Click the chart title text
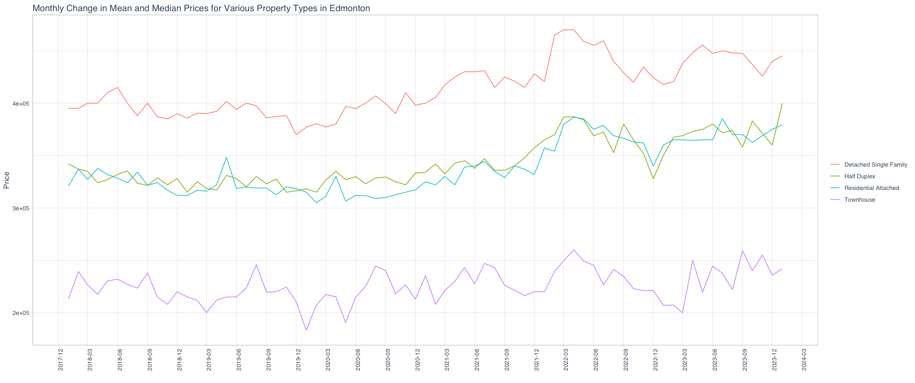click(201, 8)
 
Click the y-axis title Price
click(7, 180)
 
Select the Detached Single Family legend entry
click(875, 165)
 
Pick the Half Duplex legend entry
click(860, 176)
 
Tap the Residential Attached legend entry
click(871, 188)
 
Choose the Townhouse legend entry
click(860, 200)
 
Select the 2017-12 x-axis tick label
click(60, 360)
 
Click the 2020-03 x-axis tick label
click(328, 360)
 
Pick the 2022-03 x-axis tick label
click(566, 360)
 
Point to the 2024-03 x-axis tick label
click(804, 360)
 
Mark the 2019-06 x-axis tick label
click(239, 360)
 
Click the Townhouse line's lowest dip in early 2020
click(306, 330)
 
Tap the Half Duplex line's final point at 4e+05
click(782, 104)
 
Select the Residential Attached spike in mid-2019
click(227, 157)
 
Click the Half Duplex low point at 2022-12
click(653, 179)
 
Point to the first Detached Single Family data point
click(69, 108)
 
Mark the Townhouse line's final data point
click(782, 269)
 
